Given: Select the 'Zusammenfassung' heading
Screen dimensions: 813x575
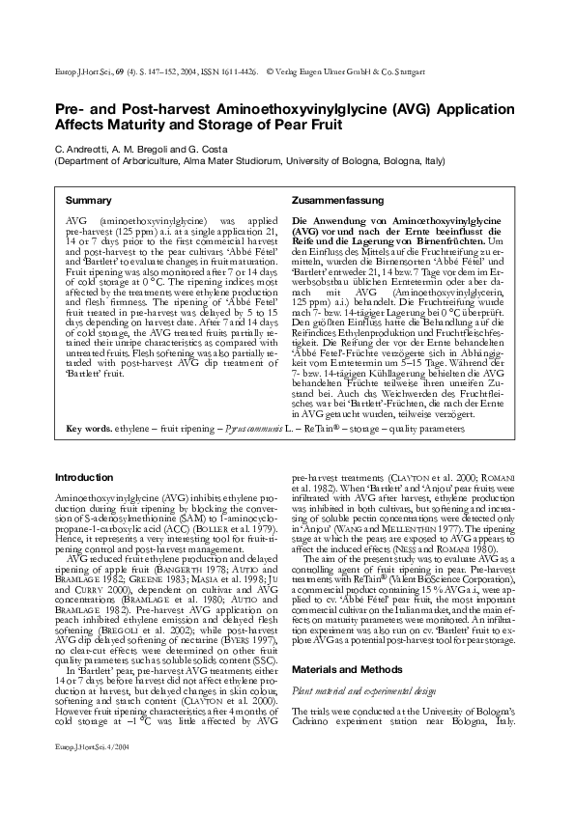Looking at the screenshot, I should [x=331, y=200].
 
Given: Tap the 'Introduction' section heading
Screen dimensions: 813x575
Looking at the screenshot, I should [x=84, y=478].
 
